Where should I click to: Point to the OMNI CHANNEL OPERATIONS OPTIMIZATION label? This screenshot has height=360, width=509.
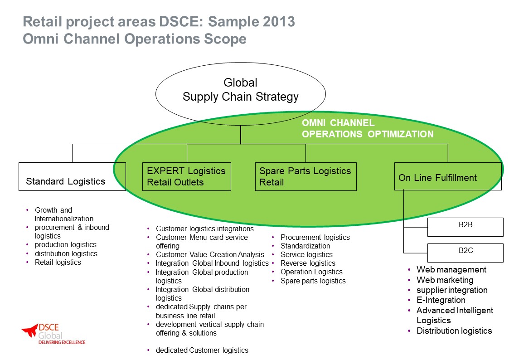(368, 129)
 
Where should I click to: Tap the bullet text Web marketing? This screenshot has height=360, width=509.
(445, 280)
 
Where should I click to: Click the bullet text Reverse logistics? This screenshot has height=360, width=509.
(308, 263)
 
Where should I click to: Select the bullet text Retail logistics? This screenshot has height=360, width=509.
(58, 262)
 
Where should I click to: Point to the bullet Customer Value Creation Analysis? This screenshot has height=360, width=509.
(210, 254)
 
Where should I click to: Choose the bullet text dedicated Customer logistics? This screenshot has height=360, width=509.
(202, 350)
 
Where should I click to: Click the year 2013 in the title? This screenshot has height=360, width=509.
(279, 21)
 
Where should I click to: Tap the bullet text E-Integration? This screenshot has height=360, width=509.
(441, 300)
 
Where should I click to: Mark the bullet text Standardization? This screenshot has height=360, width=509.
(305, 246)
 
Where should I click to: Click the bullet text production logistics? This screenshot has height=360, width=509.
(66, 245)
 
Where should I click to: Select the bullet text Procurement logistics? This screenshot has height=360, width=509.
(315, 237)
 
